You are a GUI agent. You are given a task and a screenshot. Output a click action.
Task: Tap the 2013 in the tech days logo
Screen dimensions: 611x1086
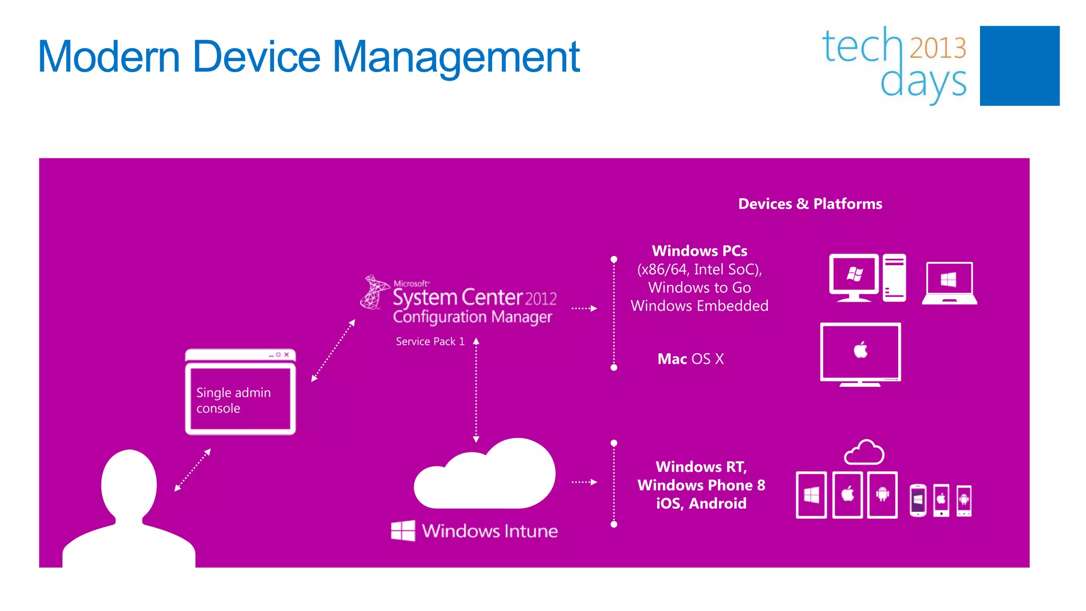tap(938, 48)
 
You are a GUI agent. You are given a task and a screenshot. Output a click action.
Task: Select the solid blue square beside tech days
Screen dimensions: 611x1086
tap(1019, 66)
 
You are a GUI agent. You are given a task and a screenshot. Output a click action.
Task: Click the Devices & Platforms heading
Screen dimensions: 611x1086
tap(810, 204)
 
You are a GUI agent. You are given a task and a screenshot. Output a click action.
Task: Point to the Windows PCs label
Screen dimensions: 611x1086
tap(699, 251)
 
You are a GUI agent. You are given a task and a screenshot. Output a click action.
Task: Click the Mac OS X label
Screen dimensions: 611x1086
tap(690, 359)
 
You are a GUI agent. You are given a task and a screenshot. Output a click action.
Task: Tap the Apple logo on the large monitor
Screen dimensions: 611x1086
tap(860, 350)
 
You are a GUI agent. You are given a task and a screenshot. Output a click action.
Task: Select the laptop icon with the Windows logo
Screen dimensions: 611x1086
tap(949, 283)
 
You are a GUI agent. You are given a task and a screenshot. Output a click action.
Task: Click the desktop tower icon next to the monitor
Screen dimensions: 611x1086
tap(894, 277)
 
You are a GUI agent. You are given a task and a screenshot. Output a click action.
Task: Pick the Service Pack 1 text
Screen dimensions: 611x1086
tap(430, 342)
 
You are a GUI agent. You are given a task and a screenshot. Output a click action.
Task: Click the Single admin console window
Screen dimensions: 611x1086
tap(240, 392)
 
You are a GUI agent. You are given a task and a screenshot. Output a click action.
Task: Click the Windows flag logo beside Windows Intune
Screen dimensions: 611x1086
tap(403, 530)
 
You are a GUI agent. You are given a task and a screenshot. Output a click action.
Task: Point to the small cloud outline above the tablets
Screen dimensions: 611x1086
tap(864, 452)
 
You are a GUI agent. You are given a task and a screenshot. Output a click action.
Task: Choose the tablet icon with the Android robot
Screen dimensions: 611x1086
tap(882, 494)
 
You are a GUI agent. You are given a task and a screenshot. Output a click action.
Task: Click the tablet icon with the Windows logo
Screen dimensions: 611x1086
tap(811, 494)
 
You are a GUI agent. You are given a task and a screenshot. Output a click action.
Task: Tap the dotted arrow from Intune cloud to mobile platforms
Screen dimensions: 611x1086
tap(584, 482)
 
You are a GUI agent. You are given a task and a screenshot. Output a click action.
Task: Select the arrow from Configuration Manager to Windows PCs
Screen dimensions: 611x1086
tap(584, 308)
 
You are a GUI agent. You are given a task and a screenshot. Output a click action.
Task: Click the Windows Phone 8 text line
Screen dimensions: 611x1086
tap(701, 485)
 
